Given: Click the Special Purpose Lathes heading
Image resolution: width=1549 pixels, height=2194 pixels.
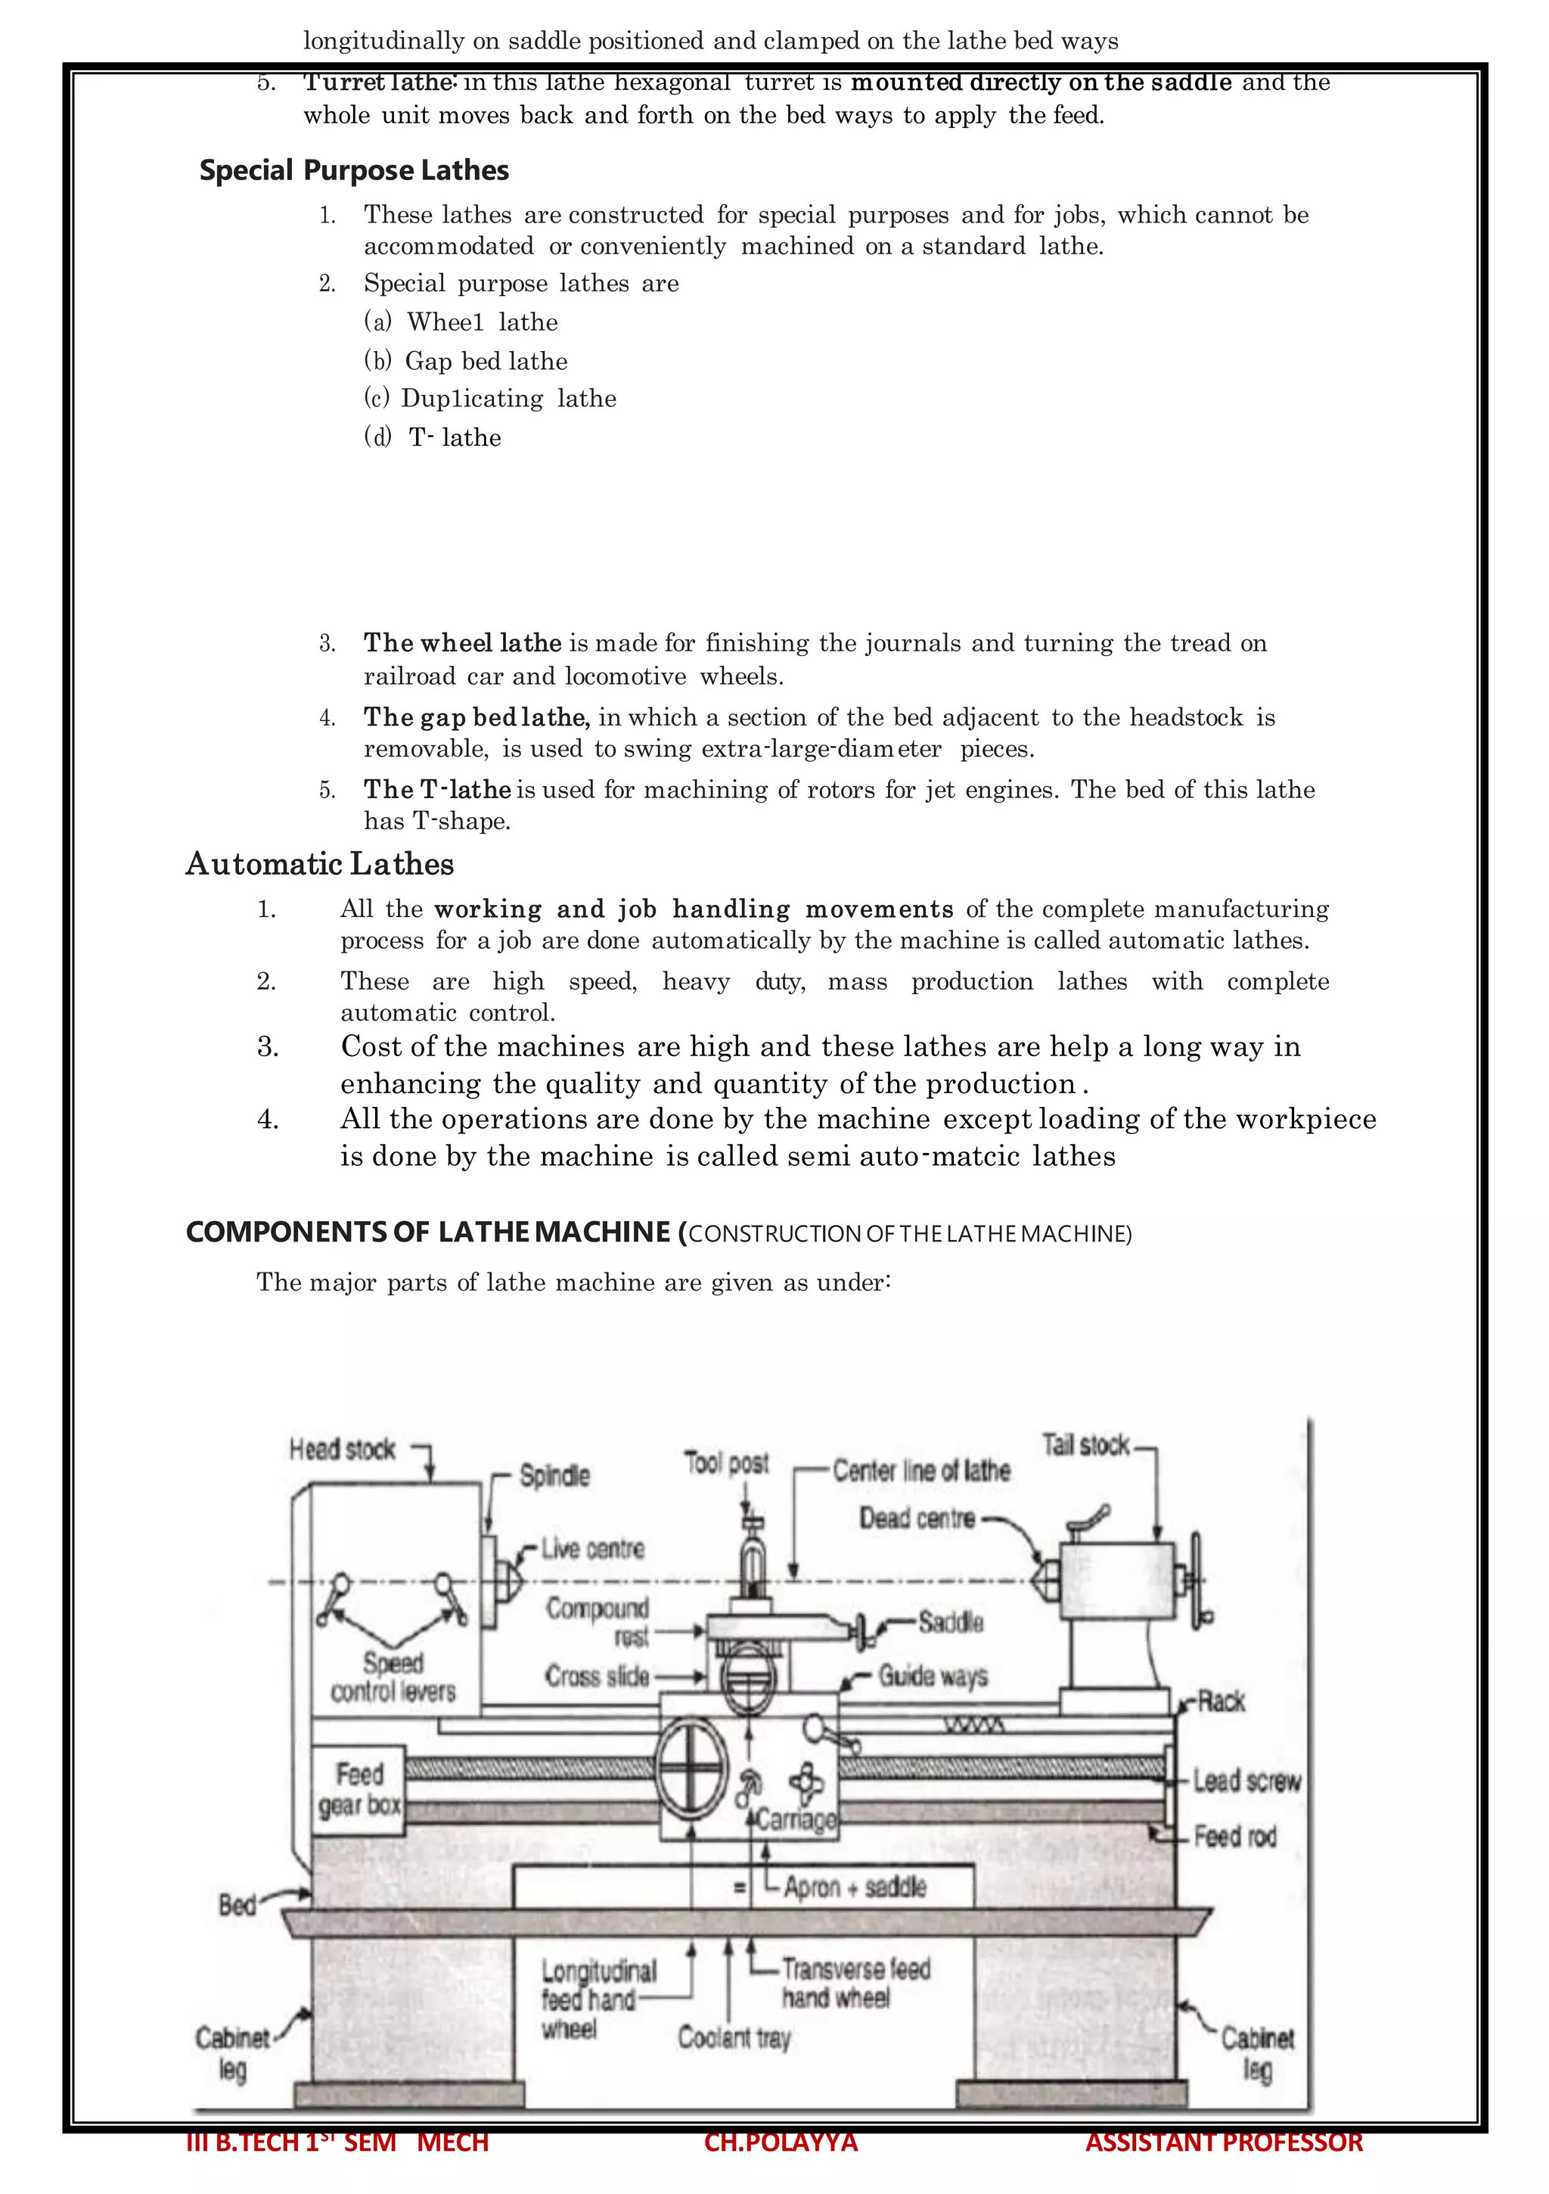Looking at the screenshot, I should tap(353, 170).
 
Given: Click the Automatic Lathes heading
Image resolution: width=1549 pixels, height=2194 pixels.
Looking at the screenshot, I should tap(319, 864).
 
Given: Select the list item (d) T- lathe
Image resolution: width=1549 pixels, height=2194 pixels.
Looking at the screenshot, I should tap(433, 437).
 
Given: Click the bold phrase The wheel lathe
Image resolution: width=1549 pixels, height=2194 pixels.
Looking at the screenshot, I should tap(462, 643).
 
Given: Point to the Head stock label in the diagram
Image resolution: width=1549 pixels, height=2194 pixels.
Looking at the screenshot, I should tap(342, 1450).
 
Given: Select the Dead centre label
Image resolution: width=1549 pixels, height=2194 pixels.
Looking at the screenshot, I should tap(917, 1518).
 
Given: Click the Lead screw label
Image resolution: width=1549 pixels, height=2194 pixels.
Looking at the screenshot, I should tap(1246, 1781).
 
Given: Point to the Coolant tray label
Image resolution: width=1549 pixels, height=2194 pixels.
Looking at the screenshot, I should tap(734, 2038).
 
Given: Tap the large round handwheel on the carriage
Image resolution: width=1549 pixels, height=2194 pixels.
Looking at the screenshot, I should tap(692, 1770).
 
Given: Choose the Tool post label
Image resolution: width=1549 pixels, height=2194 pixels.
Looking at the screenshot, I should tap(726, 1463).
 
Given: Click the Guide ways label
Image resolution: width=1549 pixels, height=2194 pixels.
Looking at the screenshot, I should tap(933, 1676).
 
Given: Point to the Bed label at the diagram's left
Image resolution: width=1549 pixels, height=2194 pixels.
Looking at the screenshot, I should tap(237, 1906).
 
